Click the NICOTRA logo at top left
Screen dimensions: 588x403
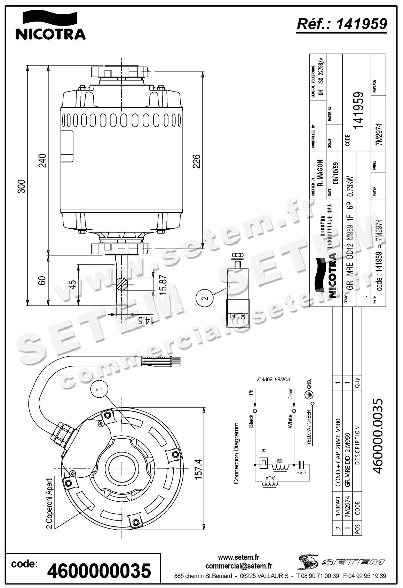pyautogui.click(x=50, y=25)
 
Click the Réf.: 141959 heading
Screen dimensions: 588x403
pyautogui.click(x=341, y=24)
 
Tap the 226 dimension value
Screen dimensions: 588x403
pyautogui.click(x=197, y=161)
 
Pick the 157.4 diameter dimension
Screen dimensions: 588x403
pyautogui.click(x=198, y=469)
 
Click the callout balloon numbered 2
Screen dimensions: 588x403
pyautogui.click(x=205, y=297)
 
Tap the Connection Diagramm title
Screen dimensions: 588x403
pyautogui.click(x=236, y=453)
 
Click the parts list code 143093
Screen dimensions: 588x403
pyautogui.click(x=337, y=511)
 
